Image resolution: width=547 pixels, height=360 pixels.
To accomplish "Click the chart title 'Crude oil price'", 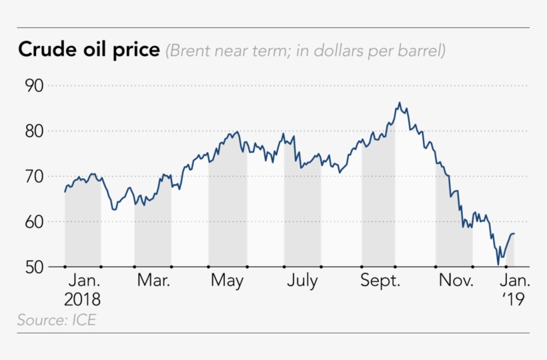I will tap(89, 50).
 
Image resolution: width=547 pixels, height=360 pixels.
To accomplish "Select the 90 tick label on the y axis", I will tap(34, 86).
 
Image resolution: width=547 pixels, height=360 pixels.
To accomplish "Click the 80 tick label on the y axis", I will tap(34, 131).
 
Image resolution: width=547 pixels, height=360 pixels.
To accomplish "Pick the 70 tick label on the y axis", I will tap(34, 177).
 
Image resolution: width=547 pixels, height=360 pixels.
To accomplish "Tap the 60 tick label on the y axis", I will tap(34, 222).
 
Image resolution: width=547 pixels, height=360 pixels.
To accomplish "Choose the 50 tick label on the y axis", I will tap(34, 267).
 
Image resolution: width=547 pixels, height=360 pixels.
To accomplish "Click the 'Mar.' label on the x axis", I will tap(153, 281).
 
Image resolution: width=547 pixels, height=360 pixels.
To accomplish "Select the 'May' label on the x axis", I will tap(227, 281).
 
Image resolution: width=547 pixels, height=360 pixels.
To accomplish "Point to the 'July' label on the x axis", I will tap(302, 281).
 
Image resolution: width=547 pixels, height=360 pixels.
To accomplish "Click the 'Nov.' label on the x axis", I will tap(455, 281).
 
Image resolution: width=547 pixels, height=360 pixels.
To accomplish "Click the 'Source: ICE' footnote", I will tap(57, 321).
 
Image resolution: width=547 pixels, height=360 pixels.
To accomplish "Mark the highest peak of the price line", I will tap(399, 103).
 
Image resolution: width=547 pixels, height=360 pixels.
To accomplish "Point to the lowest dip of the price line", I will tap(498, 265).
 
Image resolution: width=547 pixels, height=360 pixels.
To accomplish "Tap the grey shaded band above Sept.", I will tap(378, 207).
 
